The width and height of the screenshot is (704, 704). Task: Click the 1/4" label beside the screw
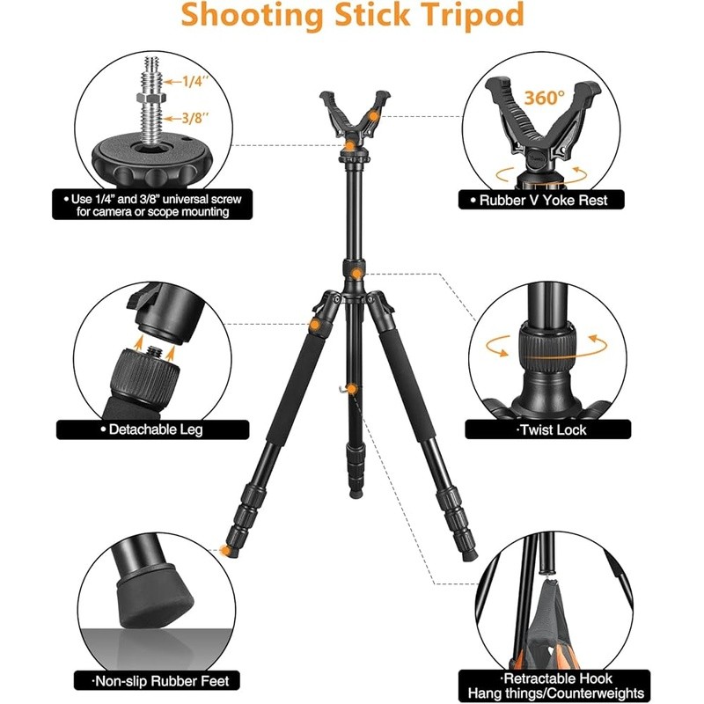pyautogui.click(x=194, y=81)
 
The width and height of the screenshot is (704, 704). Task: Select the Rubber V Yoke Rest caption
pyautogui.click(x=544, y=200)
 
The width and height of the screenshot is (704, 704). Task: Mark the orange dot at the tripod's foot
pyautogui.click(x=228, y=550)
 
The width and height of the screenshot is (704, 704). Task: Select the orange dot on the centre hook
pyautogui.click(x=352, y=388)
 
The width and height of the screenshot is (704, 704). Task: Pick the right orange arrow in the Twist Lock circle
pyautogui.click(x=601, y=342)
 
